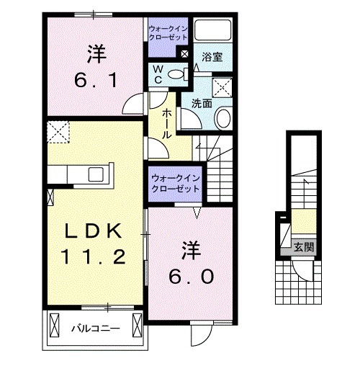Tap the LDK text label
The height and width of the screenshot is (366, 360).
click(92, 231)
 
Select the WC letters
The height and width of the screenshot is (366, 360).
click(158, 73)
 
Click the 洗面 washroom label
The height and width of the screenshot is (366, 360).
click(201, 103)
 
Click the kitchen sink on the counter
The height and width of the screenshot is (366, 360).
click(95, 174)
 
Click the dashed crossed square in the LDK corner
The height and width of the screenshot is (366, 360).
click(57, 131)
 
